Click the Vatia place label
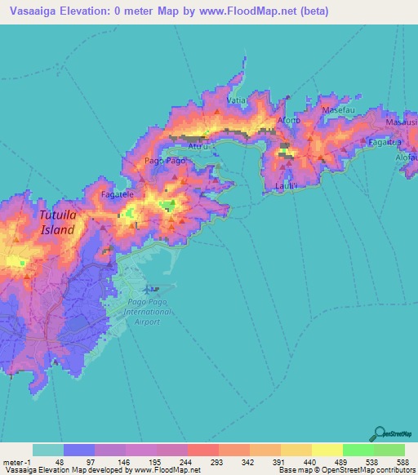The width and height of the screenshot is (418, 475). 237,100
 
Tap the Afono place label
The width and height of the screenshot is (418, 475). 289,120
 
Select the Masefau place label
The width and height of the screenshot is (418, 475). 339,109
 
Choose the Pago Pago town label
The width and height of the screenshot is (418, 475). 165,161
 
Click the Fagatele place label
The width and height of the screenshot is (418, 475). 117,196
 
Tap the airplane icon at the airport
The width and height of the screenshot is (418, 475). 154,289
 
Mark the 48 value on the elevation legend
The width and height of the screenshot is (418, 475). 59,461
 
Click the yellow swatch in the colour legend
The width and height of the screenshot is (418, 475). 327,450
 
